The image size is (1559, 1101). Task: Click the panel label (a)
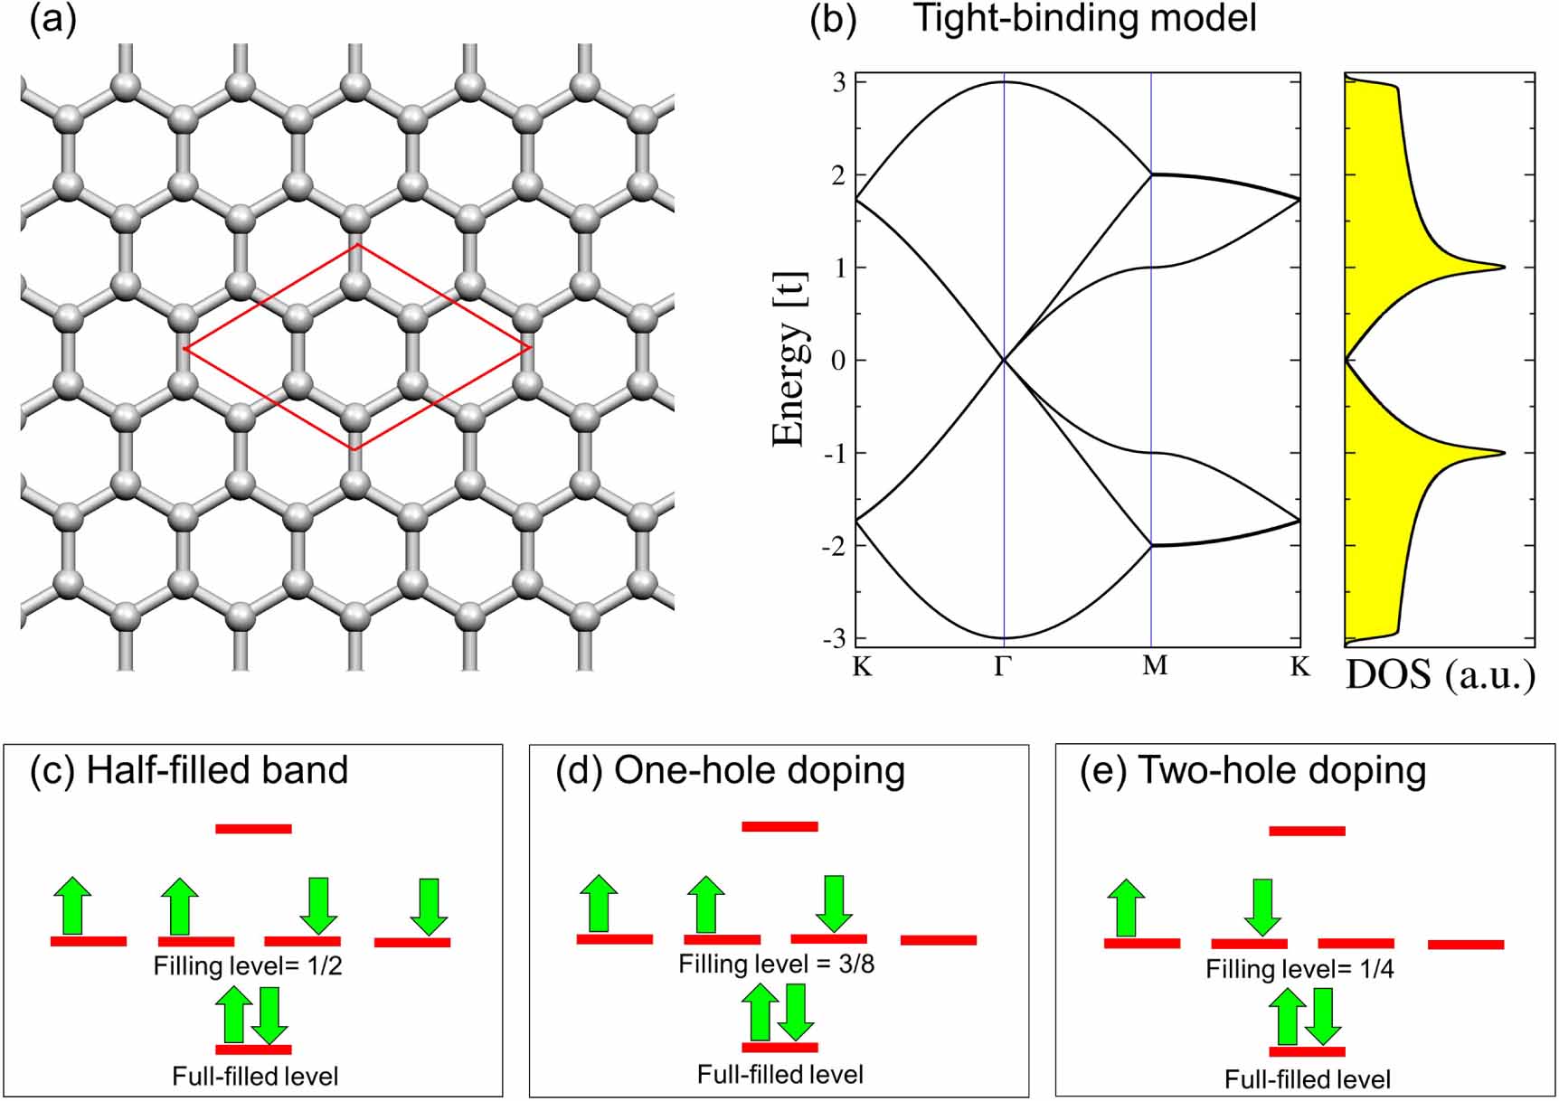53,20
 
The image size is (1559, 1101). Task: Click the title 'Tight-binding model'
1085,18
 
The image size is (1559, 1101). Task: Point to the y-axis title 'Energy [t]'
789,360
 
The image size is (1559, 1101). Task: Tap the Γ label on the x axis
1003,668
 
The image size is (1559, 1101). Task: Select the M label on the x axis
1155,666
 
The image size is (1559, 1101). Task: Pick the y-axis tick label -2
835,546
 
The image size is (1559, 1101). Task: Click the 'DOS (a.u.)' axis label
1440,675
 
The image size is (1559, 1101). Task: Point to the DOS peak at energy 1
1503,267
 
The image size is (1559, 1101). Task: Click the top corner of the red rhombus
358,245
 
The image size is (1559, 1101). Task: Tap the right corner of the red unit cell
530,347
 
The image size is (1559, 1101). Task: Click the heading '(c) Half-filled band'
189,770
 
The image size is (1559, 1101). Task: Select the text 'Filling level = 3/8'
776,964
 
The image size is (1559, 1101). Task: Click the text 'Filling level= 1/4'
1299,969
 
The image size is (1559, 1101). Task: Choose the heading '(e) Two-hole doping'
1253,770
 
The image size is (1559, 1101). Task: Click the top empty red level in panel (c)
253,829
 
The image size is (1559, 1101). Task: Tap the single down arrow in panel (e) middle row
1261,907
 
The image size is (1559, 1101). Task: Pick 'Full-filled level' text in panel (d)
779,1075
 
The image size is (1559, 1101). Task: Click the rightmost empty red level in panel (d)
939,940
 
